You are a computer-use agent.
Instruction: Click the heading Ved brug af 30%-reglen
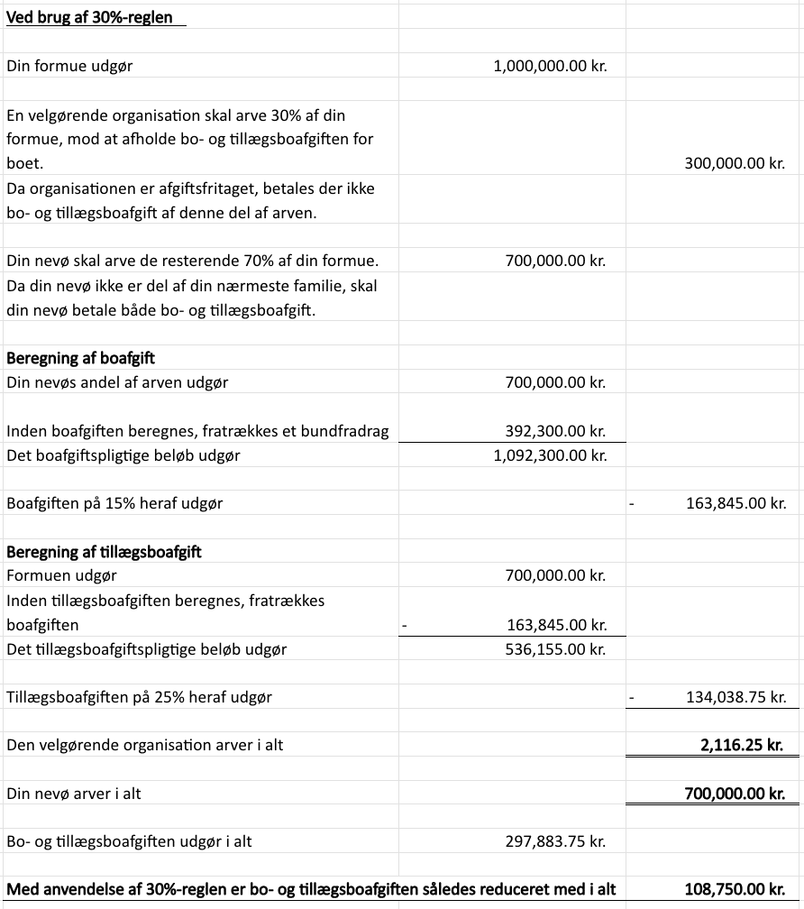click(89, 17)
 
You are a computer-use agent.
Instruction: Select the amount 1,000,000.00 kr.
click(550, 66)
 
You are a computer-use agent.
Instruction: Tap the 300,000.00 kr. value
click(735, 164)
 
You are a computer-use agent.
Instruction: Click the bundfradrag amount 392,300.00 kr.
click(555, 431)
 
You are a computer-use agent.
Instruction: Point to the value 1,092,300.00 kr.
click(550, 455)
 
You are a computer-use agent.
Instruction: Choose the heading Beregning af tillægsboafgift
click(104, 552)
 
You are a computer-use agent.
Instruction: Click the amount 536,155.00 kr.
click(555, 648)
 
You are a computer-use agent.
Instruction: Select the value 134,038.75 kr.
click(735, 697)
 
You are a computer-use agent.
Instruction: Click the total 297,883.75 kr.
click(555, 841)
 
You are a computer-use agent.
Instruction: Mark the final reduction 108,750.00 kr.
click(735, 889)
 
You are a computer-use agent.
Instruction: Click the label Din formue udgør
click(69, 66)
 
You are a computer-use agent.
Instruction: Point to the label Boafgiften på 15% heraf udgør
click(114, 503)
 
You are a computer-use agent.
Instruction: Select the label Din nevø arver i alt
click(74, 794)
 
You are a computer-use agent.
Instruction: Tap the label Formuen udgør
click(61, 575)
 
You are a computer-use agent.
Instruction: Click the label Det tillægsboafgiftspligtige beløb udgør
click(146, 648)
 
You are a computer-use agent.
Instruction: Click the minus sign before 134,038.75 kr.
click(632, 697)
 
